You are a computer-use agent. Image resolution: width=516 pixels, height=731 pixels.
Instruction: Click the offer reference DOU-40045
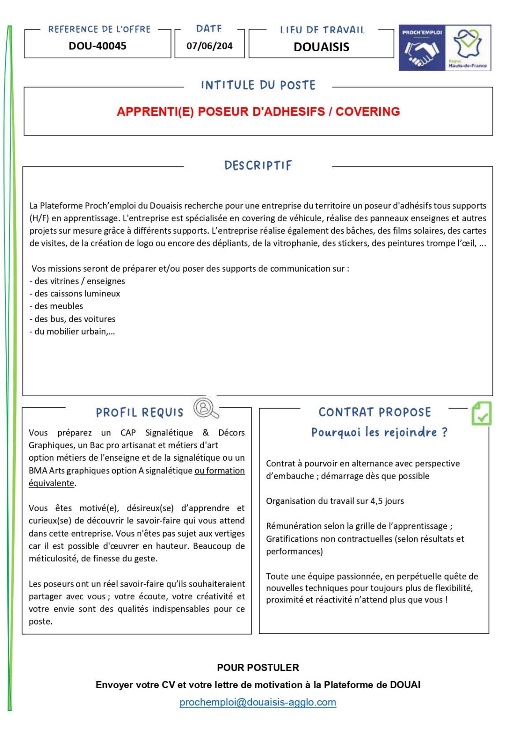point(97,46)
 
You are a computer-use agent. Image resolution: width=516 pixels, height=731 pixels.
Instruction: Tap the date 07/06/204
point(209,46)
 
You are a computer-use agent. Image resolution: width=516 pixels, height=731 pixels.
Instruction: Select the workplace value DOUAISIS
point(321,47)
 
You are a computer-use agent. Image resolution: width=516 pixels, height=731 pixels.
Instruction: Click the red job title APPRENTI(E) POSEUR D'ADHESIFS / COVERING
point(258,112)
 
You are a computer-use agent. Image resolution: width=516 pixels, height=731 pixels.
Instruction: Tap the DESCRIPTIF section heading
point(258,166)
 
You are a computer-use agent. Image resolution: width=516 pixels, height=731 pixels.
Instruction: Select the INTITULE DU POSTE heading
point(258,85)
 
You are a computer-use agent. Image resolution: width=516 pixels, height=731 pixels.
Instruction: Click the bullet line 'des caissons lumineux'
point(75,294)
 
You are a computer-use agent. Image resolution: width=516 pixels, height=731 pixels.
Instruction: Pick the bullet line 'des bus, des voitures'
point(73,319)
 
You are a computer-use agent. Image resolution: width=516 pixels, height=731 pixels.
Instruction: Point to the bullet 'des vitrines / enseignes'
point(78,281)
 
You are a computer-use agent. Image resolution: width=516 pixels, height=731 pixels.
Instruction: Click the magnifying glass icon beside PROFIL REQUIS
point(206,408)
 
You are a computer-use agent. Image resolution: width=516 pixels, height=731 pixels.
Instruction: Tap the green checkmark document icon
point(481,413)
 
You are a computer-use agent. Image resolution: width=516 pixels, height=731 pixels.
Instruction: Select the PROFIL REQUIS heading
point(139,413)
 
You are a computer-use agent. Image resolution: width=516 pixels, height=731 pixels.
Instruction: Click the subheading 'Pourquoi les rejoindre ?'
point(379,432)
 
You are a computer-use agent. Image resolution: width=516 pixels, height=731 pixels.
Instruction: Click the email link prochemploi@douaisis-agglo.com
point(258,702)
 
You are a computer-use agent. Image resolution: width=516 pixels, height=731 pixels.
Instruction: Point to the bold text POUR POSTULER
point(258,667)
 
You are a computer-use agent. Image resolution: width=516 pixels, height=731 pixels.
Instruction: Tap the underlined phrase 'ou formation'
point(220,471)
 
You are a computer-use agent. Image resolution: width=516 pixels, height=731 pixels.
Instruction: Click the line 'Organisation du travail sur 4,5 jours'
point(335,501)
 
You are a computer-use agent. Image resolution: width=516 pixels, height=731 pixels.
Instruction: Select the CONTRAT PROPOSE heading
point(374,412)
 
